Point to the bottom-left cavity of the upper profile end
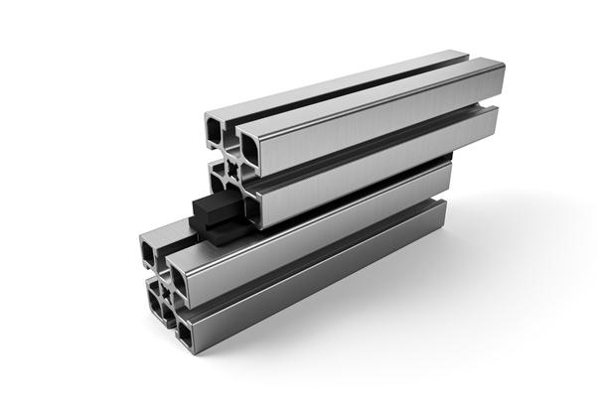(219, 177)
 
